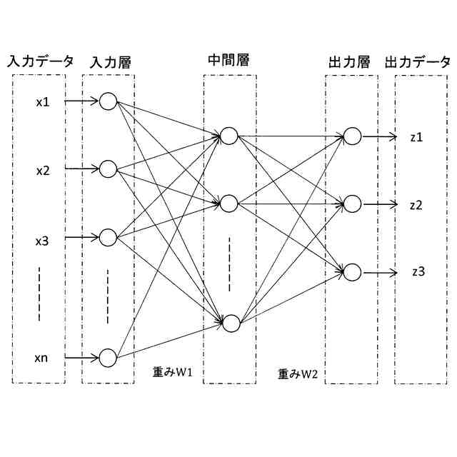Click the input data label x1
(43, 101)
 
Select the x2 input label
(43, 170)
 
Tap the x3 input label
(43, 241)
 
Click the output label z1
(418, 136)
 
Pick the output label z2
(418, 204)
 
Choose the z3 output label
(418, 271)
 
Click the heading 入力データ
(40, 61)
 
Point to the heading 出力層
(350, 62)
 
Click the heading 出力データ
(418, 62)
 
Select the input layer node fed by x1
(108, 101)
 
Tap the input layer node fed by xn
(108, 357)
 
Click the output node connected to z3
(351, 272)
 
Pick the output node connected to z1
(351, 136)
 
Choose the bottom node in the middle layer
(229, 323)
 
